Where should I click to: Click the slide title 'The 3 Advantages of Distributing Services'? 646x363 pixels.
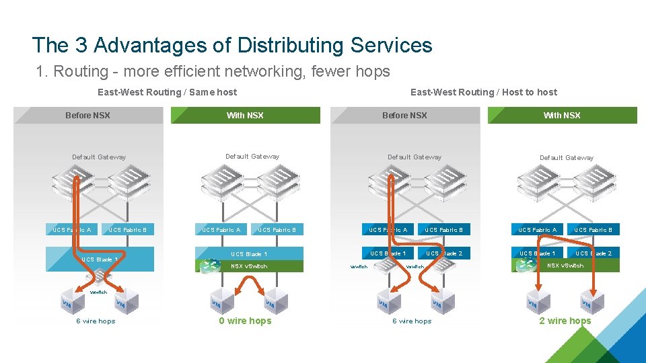coord(232,45)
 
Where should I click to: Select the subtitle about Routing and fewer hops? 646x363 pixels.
coord(213,71)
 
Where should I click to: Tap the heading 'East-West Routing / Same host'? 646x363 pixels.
coord(167,92)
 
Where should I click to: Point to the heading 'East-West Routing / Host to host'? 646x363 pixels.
coord(484,92)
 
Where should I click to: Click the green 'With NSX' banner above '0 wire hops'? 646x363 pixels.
coord(246,116)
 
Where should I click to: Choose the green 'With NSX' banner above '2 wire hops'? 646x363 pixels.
coord(562,116)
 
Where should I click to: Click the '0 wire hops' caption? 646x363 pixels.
coord(245,321)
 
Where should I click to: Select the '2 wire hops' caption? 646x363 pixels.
coord(565,321)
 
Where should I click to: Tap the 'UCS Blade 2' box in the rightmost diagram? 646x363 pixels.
coord(593,253)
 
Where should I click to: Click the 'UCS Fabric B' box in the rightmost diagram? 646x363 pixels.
coord(593,230)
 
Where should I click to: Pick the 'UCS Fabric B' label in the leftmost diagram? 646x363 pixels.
coord(128,230)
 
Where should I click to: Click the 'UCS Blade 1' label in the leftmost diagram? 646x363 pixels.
coord(100,259)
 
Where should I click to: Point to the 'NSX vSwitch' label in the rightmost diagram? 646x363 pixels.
coord(565,266)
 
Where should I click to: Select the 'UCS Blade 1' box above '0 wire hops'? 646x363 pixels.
coord(249,254)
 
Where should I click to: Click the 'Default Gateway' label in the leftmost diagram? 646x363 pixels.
coord(99,157)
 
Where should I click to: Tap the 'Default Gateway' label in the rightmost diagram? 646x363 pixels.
coord(567,158)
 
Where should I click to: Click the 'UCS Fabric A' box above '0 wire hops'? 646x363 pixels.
coord(221,230)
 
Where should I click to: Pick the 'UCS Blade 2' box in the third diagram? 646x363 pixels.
coord(443,253)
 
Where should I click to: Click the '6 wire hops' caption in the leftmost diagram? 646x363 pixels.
coord(96,321)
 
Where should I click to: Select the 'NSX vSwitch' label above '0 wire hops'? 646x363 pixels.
coord(249,266)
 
